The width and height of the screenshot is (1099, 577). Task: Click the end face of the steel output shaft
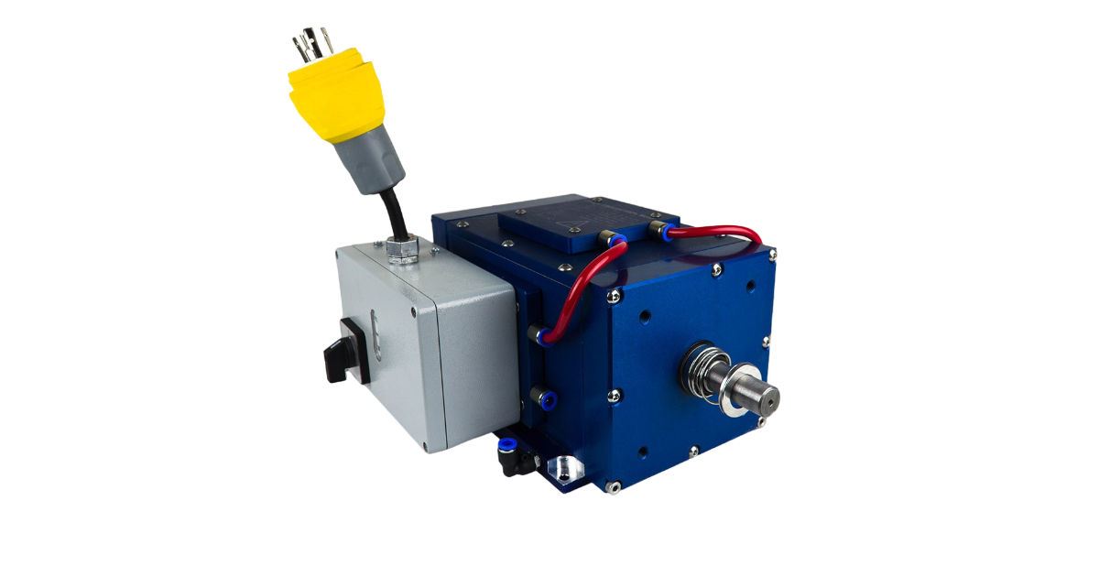pyautogui.click(x=767, y=397)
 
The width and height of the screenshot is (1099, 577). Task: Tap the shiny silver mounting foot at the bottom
pyautogui.click(x=564, y=468)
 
